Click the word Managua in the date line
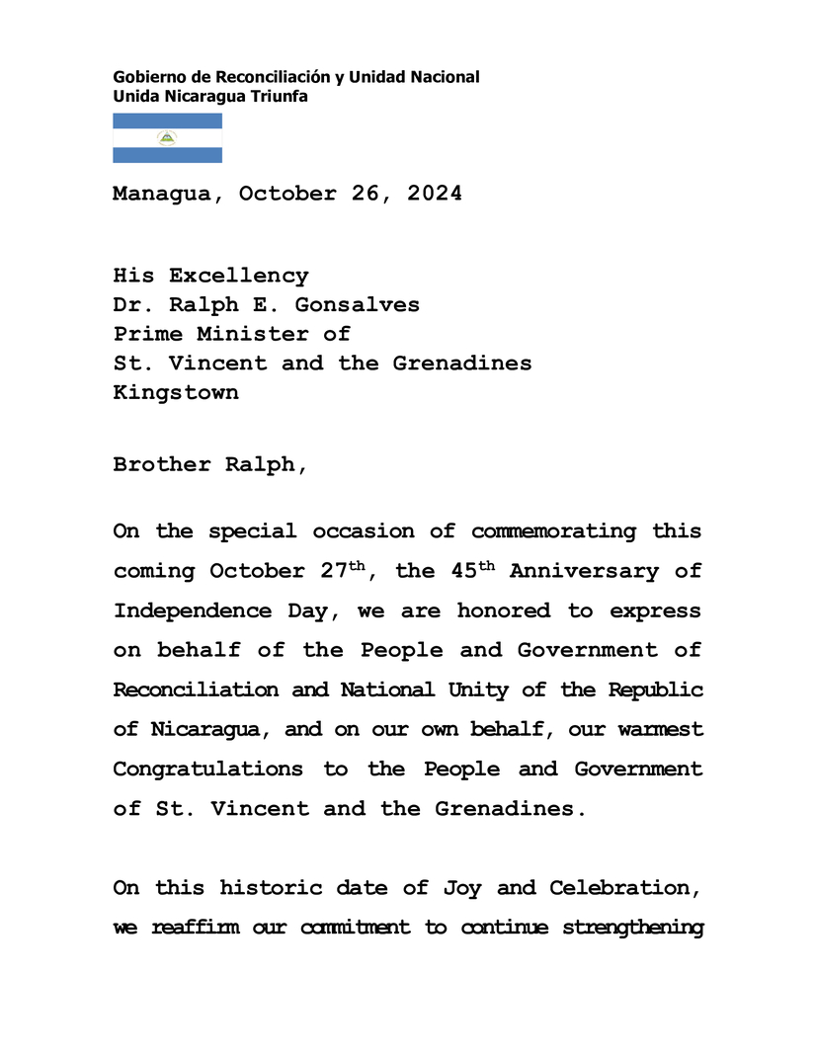click(x=161, y=195)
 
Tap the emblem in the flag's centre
click(x=167, y=138)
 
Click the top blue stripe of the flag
click(x=167, y=121)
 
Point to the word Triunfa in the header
click(x=282, y=96)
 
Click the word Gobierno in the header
click(x=147, y=77)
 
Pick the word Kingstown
click(x=175, y=392)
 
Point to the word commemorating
click(x=553, y=531)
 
